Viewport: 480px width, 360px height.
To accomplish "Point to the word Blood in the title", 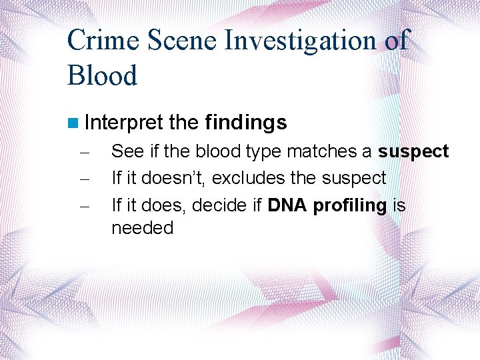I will (102, 75).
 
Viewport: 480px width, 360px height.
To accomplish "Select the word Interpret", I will (124, 123).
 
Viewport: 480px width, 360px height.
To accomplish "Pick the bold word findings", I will (246, 123).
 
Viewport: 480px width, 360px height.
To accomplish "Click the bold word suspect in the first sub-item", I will (413, 152).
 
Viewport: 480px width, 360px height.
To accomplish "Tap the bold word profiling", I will (349, 205).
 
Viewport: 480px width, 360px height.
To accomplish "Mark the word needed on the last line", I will (142, 229).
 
